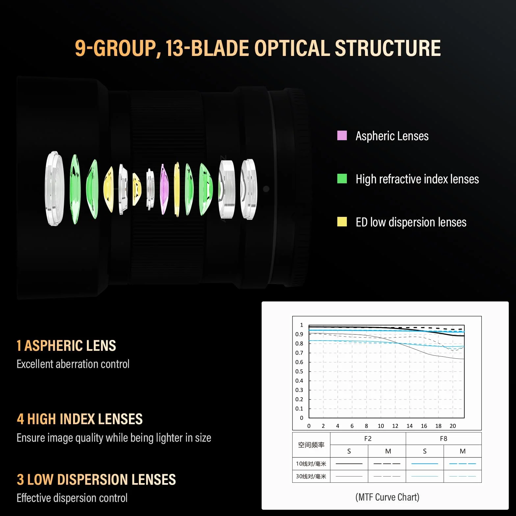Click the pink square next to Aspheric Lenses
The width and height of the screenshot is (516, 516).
pos(342,135)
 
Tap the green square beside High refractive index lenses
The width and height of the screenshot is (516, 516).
pos(342,178)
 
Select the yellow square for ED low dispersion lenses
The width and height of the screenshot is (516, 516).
pos(342,221)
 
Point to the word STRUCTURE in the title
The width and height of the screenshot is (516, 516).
pos(388,48)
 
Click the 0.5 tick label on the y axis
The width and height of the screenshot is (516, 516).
pos(299,371)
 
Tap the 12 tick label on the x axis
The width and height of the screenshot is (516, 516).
pos(395,426)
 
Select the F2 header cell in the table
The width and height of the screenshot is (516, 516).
pos(368,439)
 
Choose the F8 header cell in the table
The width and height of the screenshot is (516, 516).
pos(444,439)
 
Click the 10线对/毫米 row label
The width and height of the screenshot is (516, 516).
pos(311,464)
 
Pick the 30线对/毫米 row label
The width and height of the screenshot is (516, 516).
pos(311,476)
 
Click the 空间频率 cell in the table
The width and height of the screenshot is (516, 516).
pos(311,445)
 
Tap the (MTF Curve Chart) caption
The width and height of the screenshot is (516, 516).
pos(387,497)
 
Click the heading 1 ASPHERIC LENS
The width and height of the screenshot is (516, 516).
pos(66,346)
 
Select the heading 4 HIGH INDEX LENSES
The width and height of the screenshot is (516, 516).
pos(80,419)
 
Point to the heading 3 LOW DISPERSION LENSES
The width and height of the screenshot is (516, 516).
pos(96,479)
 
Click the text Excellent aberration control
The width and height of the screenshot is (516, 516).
pos(73,364)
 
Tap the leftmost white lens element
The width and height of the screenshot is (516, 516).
pos(54,189)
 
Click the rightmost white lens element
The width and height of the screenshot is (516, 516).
pos(248,189)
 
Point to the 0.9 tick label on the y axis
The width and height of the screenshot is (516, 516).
pos(299,334)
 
